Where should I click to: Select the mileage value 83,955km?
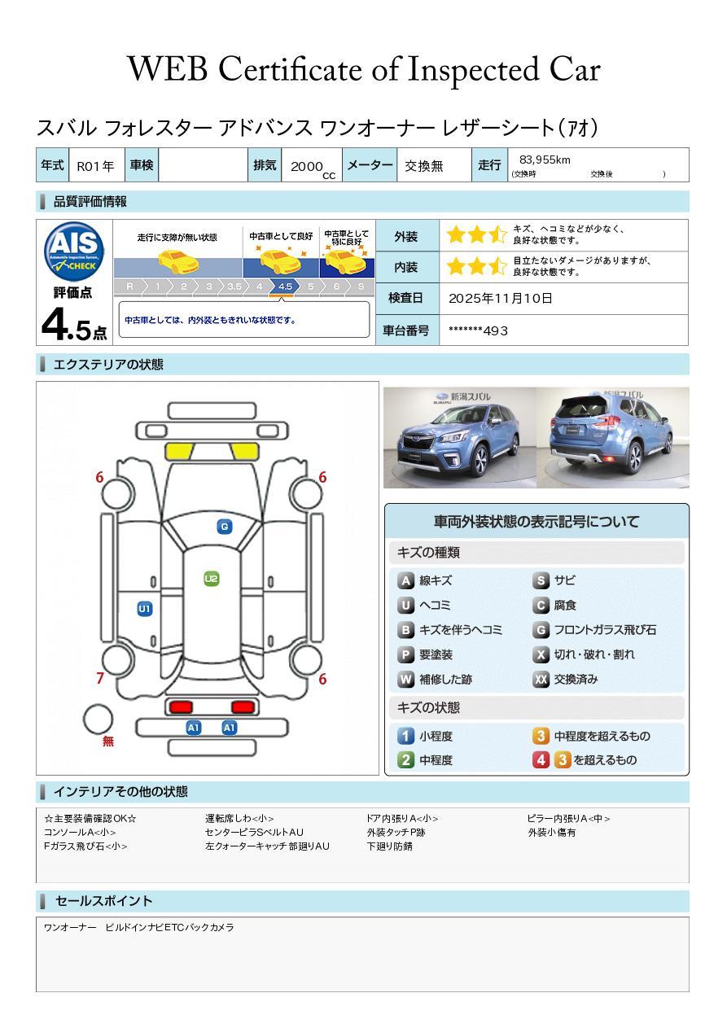545,160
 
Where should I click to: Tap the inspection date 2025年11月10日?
501,298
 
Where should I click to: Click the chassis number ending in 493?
478,330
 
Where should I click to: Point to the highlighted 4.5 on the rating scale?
285,287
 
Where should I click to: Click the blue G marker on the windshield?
225,527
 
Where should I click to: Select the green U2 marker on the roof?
211,579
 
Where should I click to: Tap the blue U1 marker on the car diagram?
145,609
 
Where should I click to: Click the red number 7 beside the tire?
100,678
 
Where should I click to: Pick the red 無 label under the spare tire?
108,741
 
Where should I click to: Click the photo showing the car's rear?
613,437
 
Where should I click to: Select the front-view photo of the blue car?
460,437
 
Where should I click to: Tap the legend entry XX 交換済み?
566,679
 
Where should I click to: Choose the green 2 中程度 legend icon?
405,760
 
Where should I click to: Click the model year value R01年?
95,166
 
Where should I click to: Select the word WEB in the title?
168,69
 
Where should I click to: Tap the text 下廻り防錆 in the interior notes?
390,846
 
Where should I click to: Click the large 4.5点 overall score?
74,325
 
